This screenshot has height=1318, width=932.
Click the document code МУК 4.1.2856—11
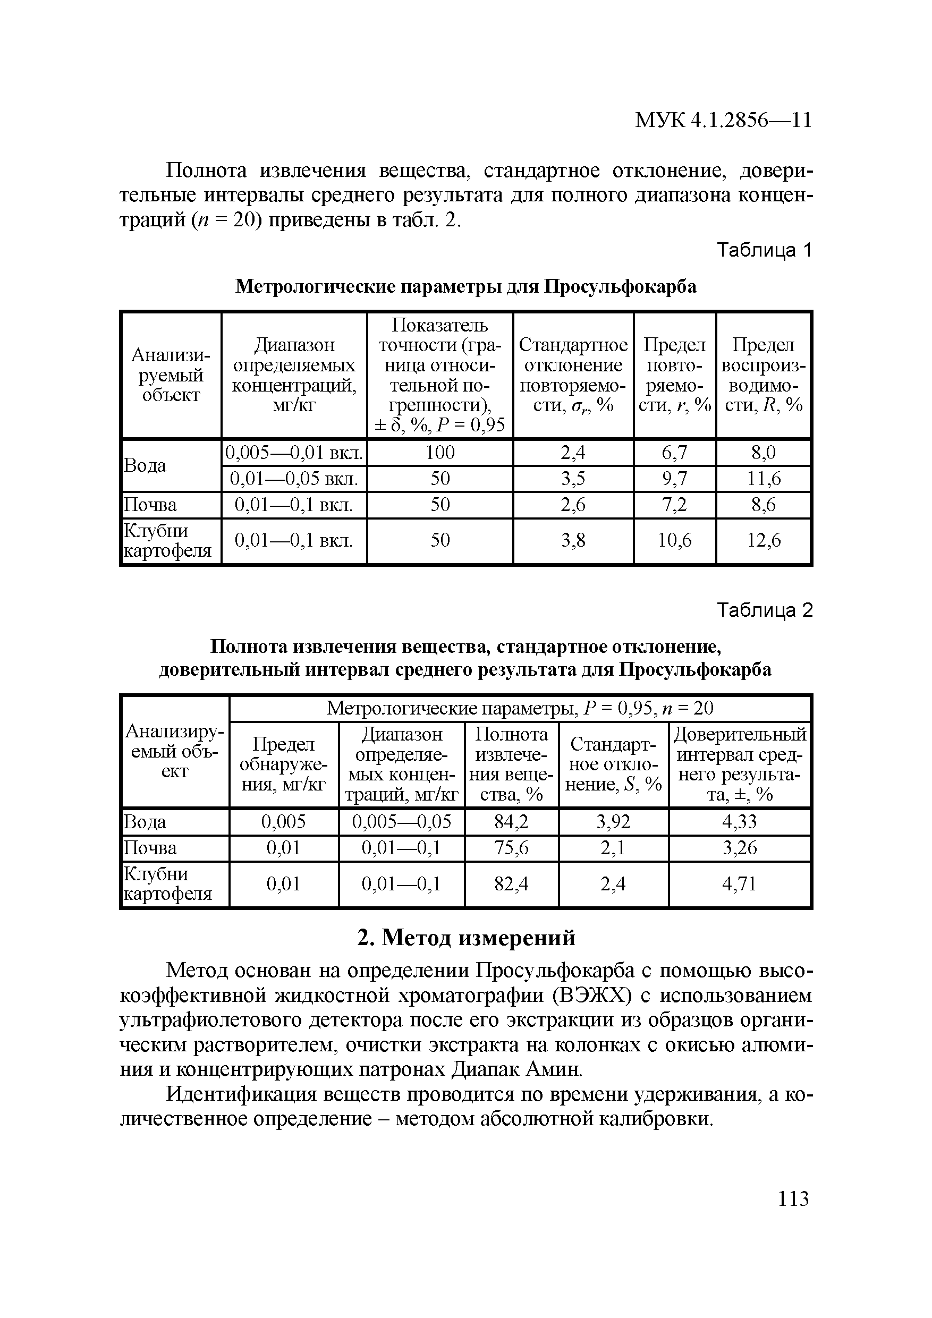click(723, 120)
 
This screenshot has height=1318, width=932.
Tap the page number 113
click(793, 1198)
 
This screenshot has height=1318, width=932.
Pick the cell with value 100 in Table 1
click(440, 453)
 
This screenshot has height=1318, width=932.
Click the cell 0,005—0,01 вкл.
click(294, 453)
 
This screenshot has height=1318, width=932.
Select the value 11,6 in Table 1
click(764, 479)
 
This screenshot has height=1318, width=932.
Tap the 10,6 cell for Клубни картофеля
click(675, 540)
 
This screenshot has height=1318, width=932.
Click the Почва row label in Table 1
click(150, 505)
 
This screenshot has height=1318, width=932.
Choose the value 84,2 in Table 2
click(511, 822)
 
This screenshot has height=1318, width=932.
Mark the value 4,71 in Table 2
click(739, 883)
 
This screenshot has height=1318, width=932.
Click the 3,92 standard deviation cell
click(613, 822)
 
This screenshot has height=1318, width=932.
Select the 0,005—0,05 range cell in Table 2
click(401, 822)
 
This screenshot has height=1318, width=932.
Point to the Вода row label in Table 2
click(145, 822)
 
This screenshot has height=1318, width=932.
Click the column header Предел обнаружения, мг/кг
click(284, 764)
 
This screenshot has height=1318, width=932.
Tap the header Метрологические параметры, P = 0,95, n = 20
click(520, 708)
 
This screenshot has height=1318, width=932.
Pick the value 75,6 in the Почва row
click(511, 848)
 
